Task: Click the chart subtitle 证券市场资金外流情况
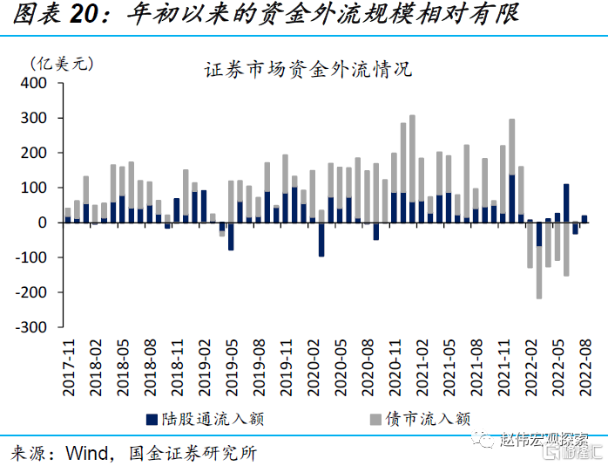tap(307, 69)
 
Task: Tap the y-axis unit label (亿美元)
tap(61, 63)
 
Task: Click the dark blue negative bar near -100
tap(321, 239)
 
